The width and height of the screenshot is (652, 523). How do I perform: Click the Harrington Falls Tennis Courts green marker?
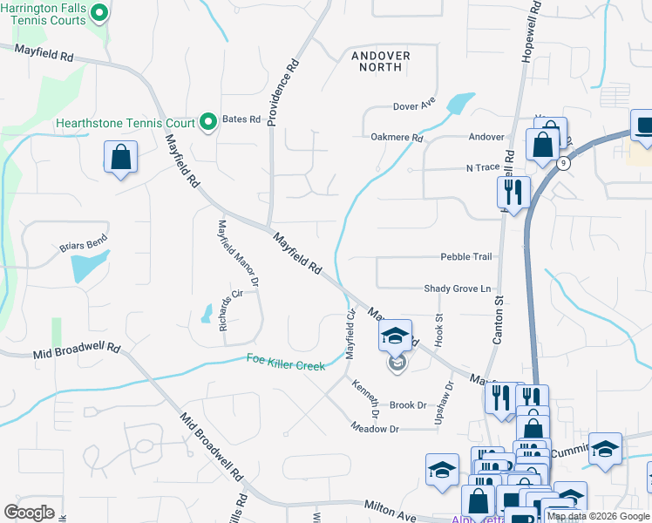coord(99,12)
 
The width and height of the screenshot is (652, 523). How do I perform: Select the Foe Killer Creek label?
coord(285,362)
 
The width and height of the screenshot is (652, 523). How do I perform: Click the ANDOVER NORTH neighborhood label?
coord(380,61)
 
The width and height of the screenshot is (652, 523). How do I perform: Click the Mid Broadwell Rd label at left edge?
coord(77,350)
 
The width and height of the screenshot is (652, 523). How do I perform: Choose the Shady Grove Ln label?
coord(458,289)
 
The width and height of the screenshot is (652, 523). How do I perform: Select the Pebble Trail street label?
coord(466,257)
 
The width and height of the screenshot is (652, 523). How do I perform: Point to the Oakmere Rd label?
coord(397,137)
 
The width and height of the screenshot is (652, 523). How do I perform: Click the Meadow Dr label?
coord(375,428)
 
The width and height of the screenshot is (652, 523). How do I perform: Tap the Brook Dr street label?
coord(408,405)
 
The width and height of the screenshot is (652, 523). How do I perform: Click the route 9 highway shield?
coord(565,163)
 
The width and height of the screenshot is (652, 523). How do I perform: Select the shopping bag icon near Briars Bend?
coord(121,159)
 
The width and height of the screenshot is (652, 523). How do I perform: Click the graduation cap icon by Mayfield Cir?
coord(395,336)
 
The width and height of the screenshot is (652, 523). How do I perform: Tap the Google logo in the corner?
coord(30,512)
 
